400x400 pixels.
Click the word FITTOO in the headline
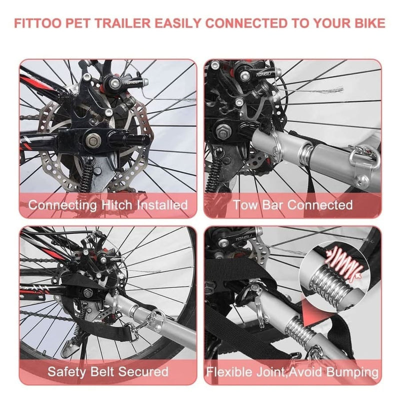point(37,23)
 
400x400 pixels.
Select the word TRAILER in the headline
point(122,23)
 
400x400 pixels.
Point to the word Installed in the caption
point(162,205)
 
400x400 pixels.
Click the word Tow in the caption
point(245,205)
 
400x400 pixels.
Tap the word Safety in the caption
point(67,371)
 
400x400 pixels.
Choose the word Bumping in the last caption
point(352,372)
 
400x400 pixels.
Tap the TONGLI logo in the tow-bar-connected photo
point(264,74)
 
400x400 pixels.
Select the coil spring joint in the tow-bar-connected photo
point(305,152)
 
